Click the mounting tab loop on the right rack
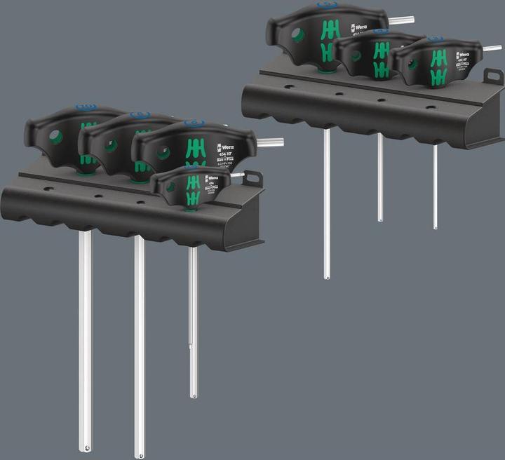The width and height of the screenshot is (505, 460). [494, 76]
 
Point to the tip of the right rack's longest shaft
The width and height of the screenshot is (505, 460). [327, 276]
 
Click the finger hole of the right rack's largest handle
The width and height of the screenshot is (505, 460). [298, 34]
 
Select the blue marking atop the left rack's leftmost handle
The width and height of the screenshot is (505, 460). [86, 107]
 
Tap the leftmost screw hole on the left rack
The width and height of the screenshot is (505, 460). [48, 189]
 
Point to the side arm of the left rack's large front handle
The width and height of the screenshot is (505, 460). [269, 142]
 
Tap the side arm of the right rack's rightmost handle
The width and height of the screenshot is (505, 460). [492, 48]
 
